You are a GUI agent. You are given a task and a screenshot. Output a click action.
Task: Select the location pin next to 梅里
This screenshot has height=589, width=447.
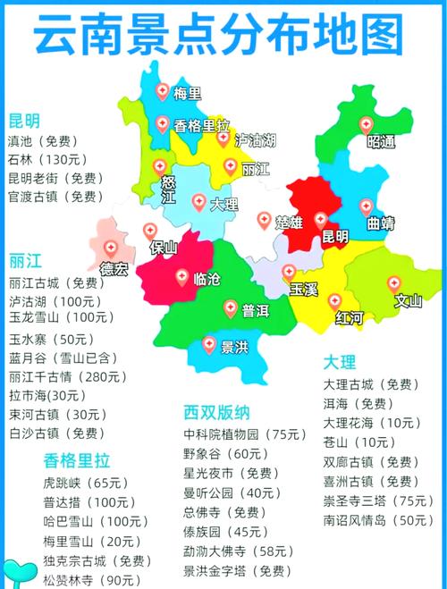(162, 90)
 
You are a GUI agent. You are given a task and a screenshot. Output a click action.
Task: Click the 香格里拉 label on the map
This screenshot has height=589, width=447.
(202, 126)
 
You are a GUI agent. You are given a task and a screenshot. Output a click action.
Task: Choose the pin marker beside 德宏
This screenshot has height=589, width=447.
(110, 248)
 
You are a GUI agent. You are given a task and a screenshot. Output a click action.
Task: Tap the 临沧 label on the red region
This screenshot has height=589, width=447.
(208, 278)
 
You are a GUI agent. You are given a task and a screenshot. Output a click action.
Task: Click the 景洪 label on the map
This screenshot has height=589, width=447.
(233, 347)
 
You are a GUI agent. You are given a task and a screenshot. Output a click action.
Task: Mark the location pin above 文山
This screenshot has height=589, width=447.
(393, 283)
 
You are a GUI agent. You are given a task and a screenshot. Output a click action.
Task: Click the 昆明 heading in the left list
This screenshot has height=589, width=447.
(24, 121)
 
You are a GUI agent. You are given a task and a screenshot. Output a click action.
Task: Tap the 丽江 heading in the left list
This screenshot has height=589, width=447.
(24, 261)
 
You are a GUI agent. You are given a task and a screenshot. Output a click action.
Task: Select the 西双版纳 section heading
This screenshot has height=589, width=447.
(216, 413)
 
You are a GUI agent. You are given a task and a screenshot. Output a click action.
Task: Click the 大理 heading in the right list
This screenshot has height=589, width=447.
(339, 362)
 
